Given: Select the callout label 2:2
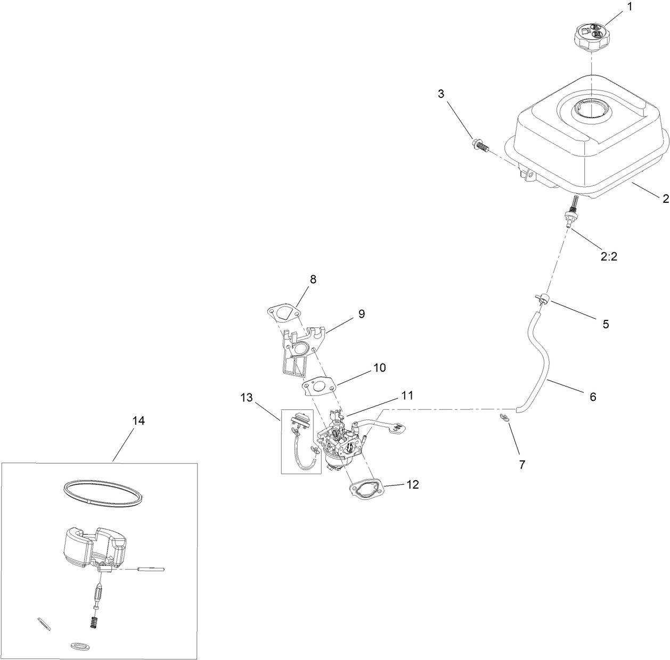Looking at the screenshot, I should (609, 256).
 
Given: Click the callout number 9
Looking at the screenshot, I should (361, 313).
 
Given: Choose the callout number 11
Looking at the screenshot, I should (407, 395).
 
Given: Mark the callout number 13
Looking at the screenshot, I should (246, 397).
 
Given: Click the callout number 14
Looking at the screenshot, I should (138, 421).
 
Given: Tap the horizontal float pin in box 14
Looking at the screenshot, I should (151, 570).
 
